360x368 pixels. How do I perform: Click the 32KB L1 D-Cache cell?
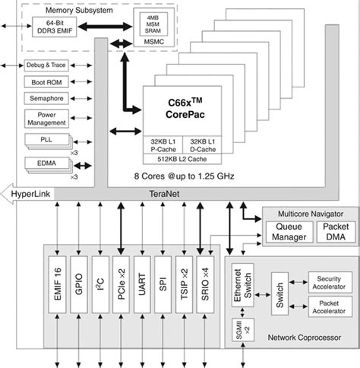pos(205,144)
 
